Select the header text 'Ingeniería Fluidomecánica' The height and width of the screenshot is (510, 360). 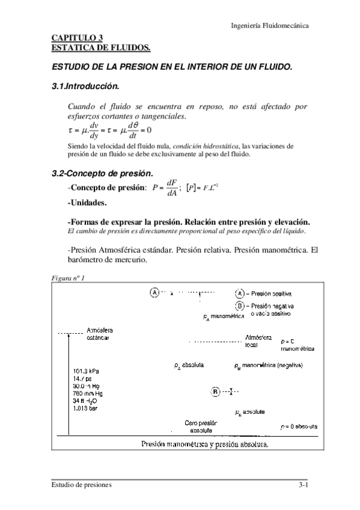click(x=270, y=25)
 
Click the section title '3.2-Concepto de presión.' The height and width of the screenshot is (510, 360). click(x=101, y=174)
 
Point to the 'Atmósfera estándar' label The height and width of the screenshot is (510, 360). click(x=99, y=334)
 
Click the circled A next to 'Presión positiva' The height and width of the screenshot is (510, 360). click(x=239, y=293)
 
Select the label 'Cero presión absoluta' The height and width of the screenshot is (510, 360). click(x=200, y=426)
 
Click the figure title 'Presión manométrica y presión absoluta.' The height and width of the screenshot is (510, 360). click(x=205, y=444)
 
